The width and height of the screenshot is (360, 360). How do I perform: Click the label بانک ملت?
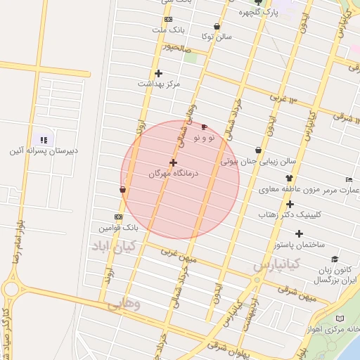167,30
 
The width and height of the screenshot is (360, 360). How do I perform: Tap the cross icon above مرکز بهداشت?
158,73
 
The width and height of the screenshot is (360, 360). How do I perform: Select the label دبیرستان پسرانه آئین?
44,151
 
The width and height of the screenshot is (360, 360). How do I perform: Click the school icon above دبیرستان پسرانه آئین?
44,141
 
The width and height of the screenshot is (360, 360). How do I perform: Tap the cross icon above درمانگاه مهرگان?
173,162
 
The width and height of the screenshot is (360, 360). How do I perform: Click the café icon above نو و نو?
204,127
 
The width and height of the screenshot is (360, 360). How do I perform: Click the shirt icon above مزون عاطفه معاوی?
288,179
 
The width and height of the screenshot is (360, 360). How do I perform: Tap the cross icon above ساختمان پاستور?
300,233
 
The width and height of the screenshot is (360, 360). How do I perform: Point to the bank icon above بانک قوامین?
118,217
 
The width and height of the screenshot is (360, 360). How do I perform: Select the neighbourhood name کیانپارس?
276,265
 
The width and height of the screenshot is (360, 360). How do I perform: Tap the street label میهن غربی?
178,251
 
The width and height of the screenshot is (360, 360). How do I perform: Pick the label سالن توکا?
217,35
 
